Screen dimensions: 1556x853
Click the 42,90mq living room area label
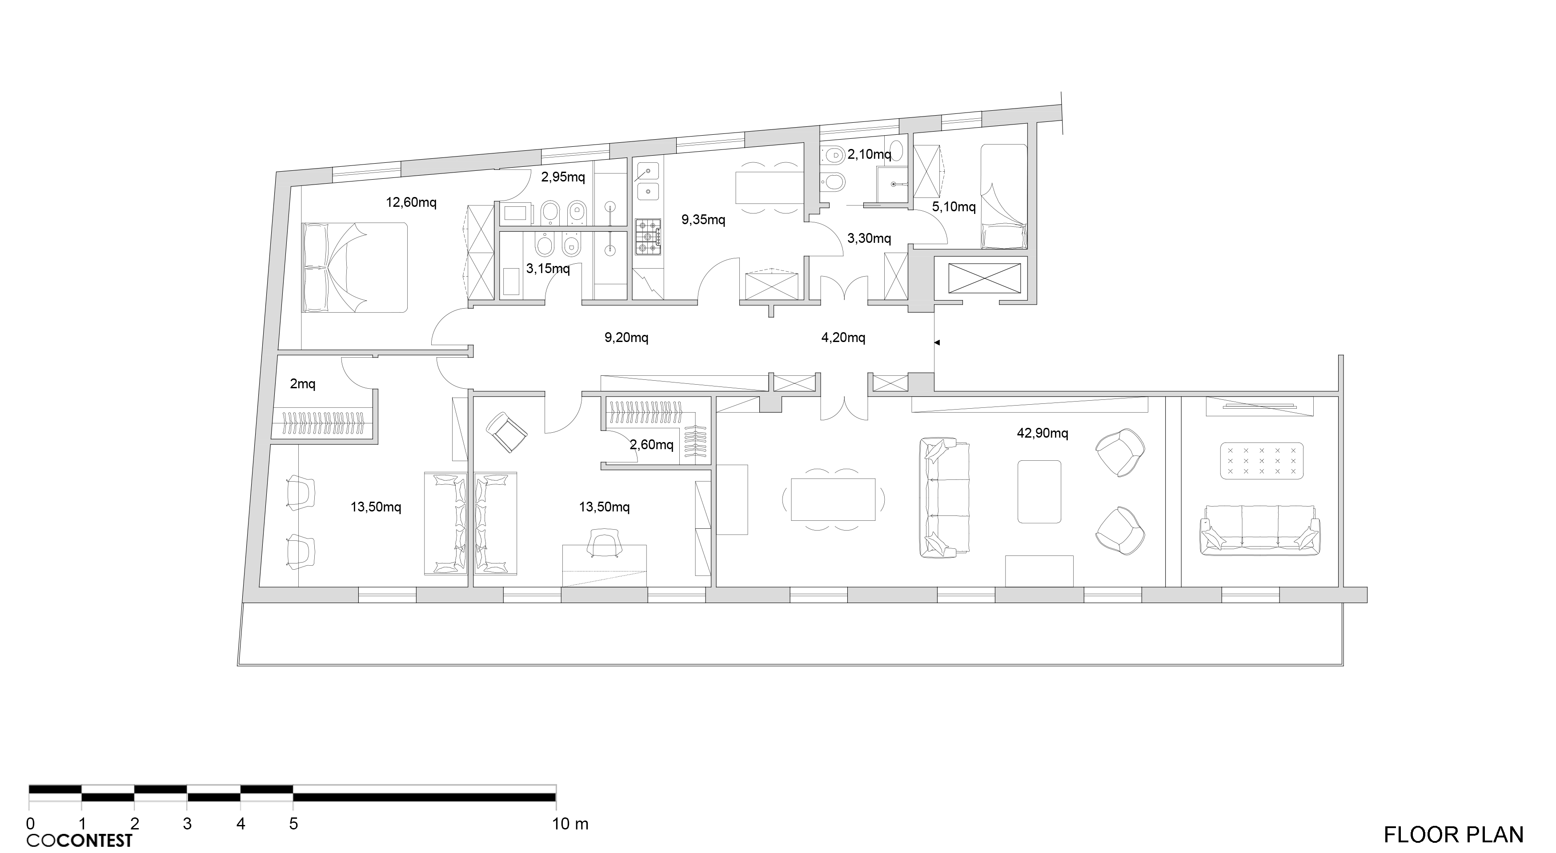1042,433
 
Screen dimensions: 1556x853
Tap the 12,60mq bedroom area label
411,202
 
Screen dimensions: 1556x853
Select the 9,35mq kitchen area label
703,219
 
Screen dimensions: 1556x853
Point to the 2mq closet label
303,384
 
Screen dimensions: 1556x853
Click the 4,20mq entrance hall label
843,337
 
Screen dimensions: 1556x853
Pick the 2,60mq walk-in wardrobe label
651,445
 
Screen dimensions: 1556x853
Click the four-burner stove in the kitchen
648,237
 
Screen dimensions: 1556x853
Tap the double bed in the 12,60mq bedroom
355,267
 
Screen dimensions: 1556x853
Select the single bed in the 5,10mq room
1003,196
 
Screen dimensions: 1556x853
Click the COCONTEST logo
79,840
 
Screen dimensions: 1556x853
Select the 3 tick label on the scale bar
187,823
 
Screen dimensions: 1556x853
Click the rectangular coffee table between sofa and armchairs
1039,491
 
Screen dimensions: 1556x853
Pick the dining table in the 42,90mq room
833,499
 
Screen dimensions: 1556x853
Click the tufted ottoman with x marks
1261,460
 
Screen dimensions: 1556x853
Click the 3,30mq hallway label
869,238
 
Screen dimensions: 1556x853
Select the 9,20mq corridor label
626,337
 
